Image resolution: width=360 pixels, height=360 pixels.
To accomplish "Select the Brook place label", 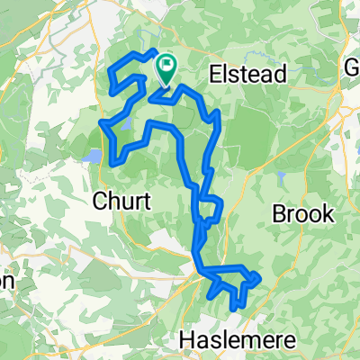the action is tap(302, 213).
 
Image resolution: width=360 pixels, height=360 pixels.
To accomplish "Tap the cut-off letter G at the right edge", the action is tap(354, 69).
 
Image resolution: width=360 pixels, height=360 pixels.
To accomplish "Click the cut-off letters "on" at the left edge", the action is tap(6, 281).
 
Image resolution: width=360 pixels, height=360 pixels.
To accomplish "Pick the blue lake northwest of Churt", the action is tap(94, 157).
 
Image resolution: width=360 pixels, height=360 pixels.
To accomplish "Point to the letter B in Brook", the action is tap(278, 213).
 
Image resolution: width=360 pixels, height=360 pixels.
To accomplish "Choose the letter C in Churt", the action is tap(99, 199).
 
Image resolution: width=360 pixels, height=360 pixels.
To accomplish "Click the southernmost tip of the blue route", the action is tap(233, 309).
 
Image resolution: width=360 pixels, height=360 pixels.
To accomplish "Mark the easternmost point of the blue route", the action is tap(259, 278).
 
